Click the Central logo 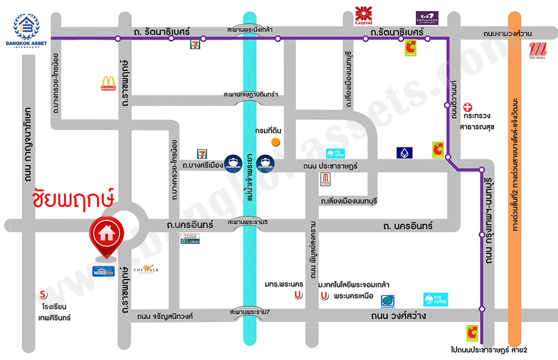[x=363, y=15]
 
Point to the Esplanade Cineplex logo [x=427, y=18]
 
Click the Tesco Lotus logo [x=190, y=239]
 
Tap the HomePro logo [x=103, y=271]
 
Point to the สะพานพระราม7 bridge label [x=249, y=311]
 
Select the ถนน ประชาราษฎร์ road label [x=330, y=166]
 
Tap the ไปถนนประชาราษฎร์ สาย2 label [x=489, y=350]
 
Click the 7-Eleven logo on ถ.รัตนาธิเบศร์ [x=195, y=43]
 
